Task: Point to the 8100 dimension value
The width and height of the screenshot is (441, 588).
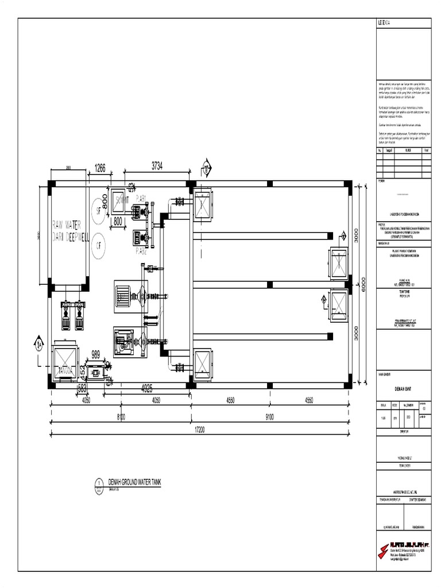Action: (121, 416)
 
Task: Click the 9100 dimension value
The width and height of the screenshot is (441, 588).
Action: (269, 416)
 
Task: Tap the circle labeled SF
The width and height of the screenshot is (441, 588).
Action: (98, 209)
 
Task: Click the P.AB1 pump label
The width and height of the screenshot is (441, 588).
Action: (141, 198)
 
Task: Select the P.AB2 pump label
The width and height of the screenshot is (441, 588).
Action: (141, 250)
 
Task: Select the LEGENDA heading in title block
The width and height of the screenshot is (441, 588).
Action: (385, 24)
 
